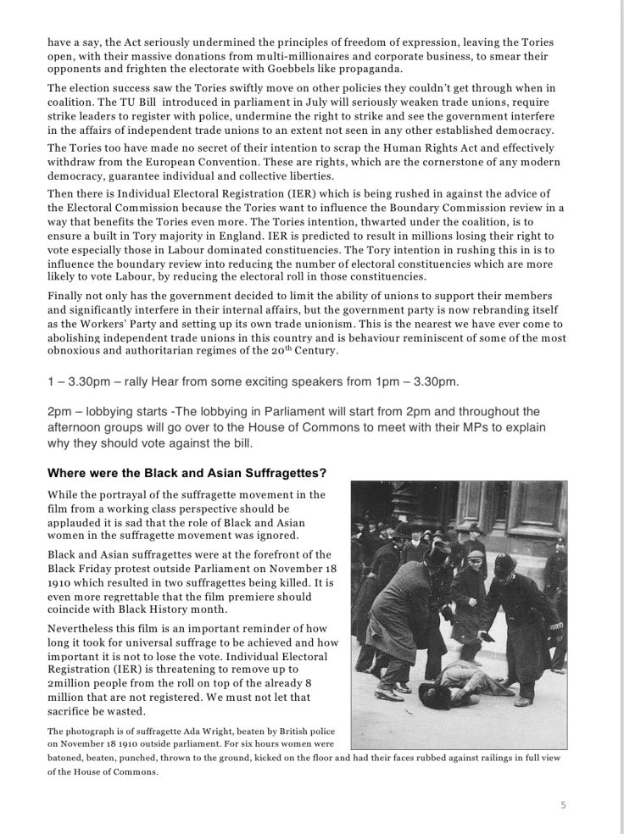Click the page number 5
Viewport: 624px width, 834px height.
564,804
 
